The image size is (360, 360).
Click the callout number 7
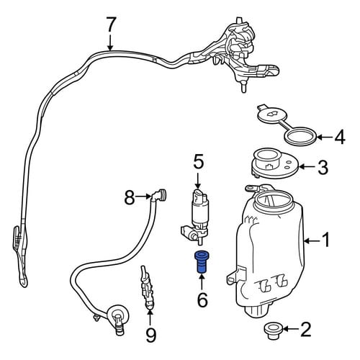110,24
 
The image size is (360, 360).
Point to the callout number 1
325,240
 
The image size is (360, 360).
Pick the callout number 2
305,329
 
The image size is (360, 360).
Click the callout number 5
199,163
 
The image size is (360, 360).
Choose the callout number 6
202,300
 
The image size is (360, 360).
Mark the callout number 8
130,198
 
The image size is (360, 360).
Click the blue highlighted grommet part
202,261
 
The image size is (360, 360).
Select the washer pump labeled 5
196,217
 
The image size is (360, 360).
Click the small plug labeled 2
272,331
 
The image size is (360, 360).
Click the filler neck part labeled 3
275,163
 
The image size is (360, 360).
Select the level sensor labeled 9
147,287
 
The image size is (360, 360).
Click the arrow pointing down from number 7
110,42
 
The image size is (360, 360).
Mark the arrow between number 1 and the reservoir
312,240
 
